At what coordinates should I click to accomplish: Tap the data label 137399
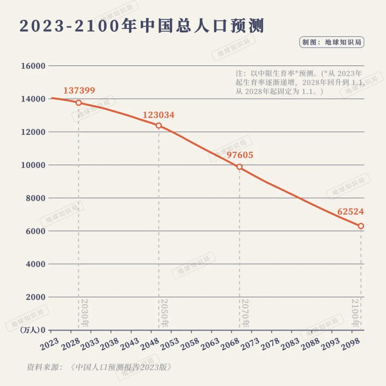(79, 90)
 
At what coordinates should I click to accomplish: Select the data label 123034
(159, 115)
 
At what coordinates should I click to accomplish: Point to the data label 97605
(239, 155)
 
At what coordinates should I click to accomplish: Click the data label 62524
(350, 212)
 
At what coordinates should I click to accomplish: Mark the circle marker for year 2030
(79, 103)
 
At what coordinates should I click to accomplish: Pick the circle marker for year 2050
(159, 125)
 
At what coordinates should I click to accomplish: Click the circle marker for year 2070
(239, 167)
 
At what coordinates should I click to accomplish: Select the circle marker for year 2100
(361, 226)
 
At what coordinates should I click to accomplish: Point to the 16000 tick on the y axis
(33, 66)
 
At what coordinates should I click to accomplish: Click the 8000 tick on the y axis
(35, 198)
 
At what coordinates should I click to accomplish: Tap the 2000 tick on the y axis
(35, 297)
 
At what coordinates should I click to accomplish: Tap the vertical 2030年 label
(84, 313)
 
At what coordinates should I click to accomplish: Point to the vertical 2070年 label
(245, 313)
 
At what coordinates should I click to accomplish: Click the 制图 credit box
(332, 42)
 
